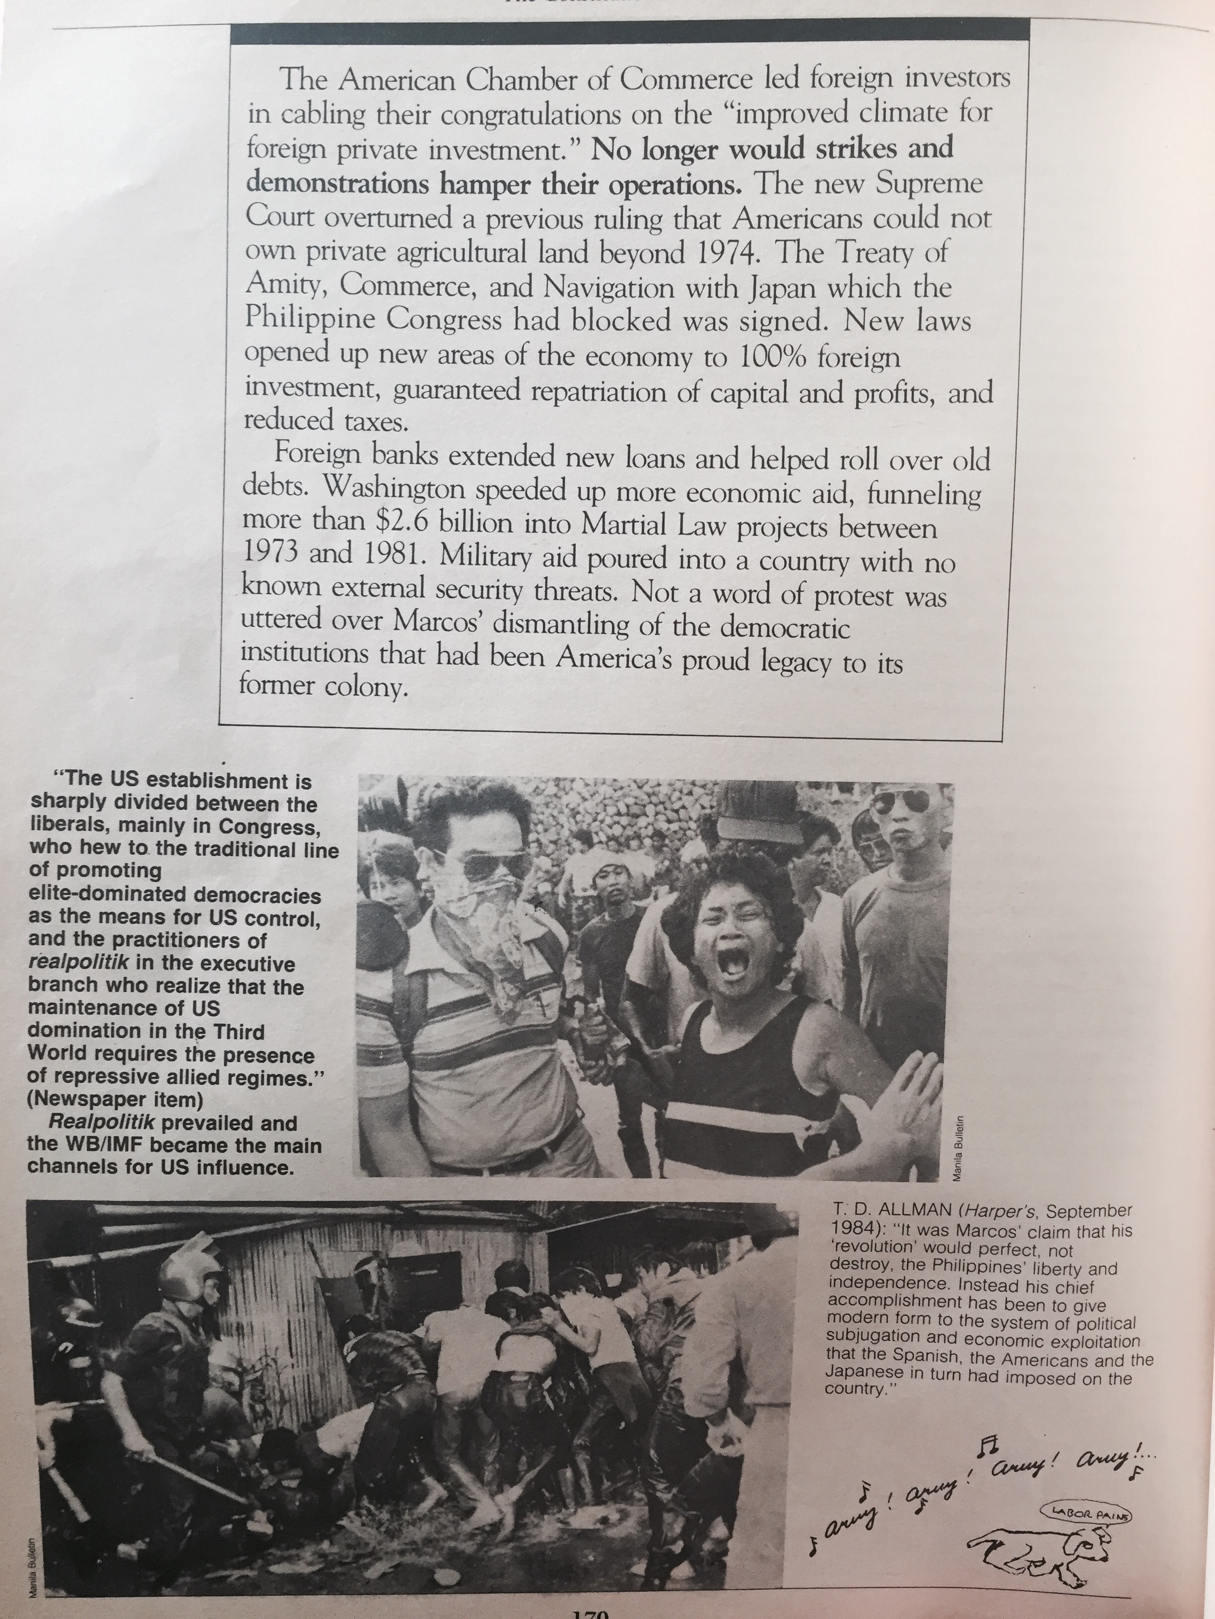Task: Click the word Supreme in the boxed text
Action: (x=929, y=184)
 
